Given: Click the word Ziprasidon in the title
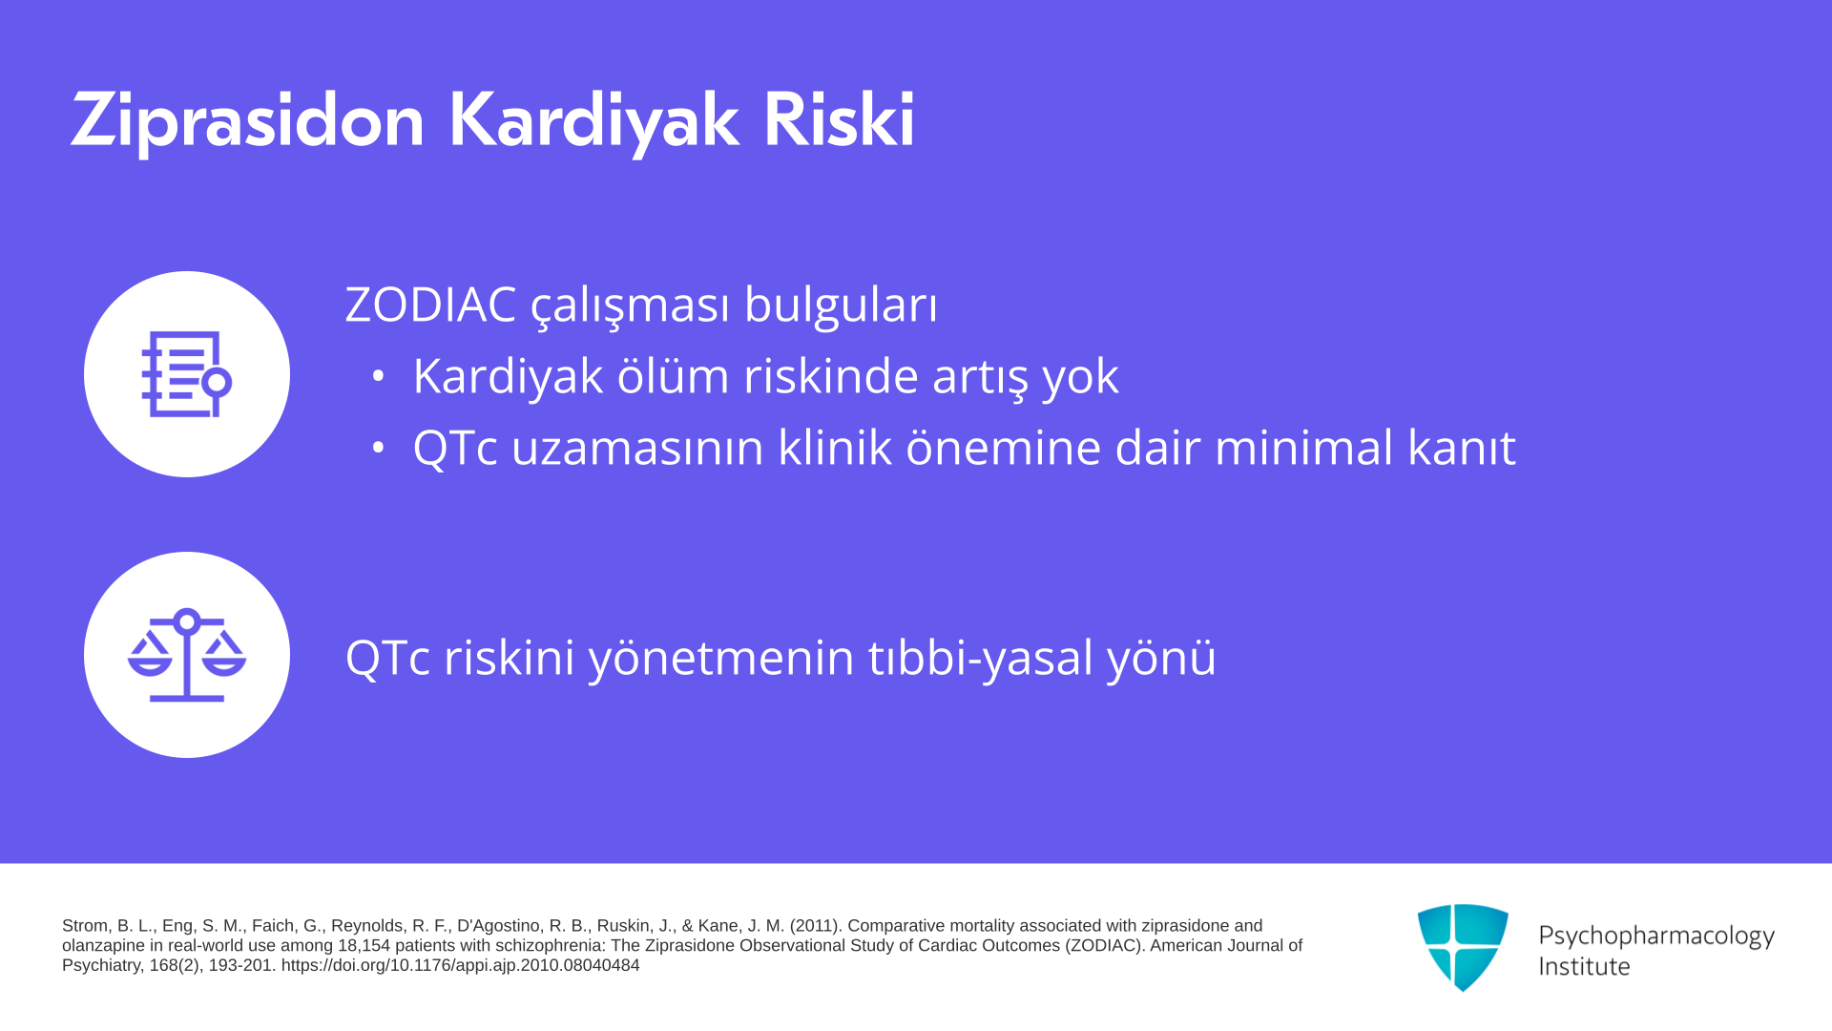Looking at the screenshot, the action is pyautogui.click(x=247, y=122).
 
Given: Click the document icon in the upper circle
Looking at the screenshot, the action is pyautogui.click(x=187, y=374).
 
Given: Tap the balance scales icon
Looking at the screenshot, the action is pyautogui.click(x=187, y=655).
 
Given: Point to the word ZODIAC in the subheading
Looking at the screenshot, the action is pyautogui.click(x=431, y=305).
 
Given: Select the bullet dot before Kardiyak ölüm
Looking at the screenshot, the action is pyautogui.click(x=379, y=376).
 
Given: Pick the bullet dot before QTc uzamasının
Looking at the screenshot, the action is pyautogui.click(x=379, y=448).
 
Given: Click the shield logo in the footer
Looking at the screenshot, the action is pyautogui.click(x=1463, y=947).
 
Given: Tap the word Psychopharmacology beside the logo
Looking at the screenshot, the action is pyautogui.click(x=1656, y=936).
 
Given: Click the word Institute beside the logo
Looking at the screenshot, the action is pyautogui.click(x=1584, y=966).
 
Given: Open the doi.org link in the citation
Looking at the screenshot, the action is pyautogui.click(x=461, y=965).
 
